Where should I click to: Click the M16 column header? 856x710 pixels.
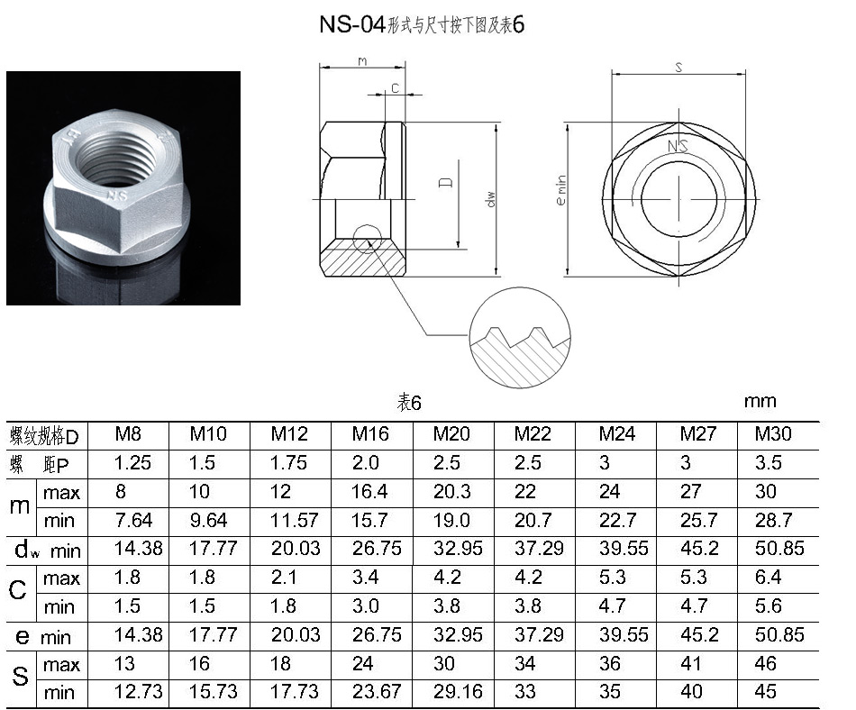tap(370, 434)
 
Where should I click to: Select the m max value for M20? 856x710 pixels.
tap(451, 492)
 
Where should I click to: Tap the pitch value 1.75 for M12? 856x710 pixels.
tap(289, 463)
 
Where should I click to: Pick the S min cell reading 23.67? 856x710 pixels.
tap(377, 692)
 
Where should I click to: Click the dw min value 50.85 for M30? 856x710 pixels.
tap(779, 548)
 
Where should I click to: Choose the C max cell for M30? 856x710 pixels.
tap(768, 577)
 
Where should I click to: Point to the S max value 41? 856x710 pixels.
tap(690, 664)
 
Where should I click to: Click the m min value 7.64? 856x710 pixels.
tap(133, 520)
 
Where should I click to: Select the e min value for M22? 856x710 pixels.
tap(539, 634)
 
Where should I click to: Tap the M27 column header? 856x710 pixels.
tap(697, 434)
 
